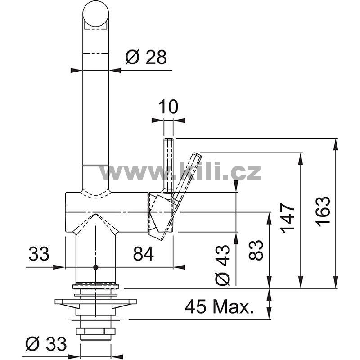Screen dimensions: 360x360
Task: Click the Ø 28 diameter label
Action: (146, 57)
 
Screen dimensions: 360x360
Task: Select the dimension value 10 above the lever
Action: (168, 107)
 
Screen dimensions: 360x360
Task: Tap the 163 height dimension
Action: (323, 211)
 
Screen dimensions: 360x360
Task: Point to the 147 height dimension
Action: (287, 218)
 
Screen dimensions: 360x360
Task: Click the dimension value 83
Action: (256, 250)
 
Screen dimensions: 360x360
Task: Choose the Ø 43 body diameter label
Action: (222, 265)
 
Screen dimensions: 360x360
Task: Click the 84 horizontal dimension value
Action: (144, 254)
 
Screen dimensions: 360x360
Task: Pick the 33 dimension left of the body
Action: (39, 254)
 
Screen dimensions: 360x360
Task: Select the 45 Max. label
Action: (220, 307)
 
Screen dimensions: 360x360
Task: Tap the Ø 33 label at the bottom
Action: (46, 344)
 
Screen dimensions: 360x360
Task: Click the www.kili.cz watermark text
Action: (180, 171)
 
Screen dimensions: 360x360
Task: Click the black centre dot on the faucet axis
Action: (96, 267)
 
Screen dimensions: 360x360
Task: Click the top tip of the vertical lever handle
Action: (168, 139)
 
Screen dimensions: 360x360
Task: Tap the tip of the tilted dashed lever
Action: (197, 155)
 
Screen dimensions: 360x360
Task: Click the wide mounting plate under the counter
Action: (95, 301)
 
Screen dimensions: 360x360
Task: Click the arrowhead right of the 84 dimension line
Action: (179, 267)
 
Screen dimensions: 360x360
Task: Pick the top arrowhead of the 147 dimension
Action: (300, 158)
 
